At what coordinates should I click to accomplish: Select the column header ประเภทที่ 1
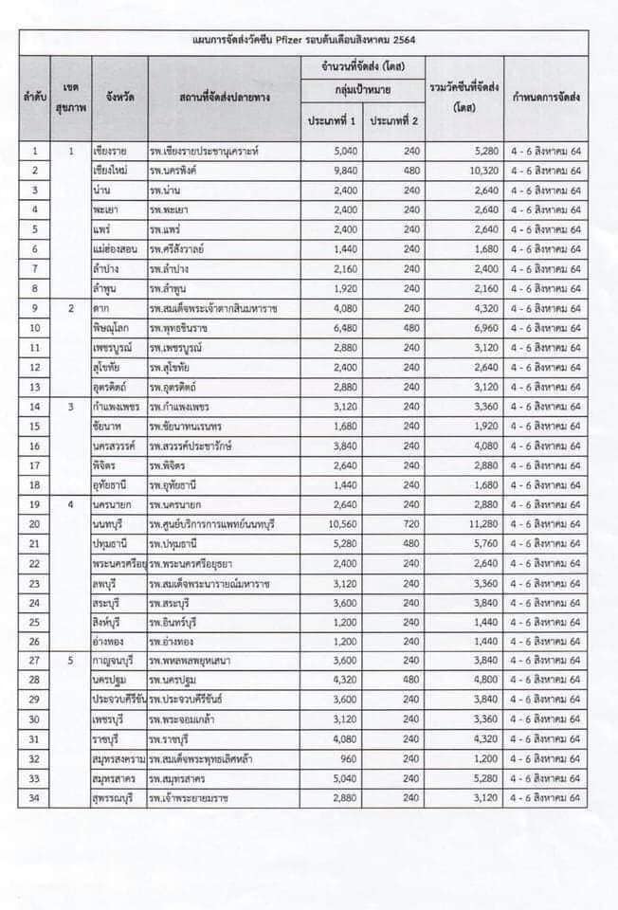point(331,121)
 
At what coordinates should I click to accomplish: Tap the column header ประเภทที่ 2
point(393,121)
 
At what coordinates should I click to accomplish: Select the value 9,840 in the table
point(343,170)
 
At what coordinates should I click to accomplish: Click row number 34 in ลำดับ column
point(35,798)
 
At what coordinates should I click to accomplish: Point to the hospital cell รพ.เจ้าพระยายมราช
point(196,798)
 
